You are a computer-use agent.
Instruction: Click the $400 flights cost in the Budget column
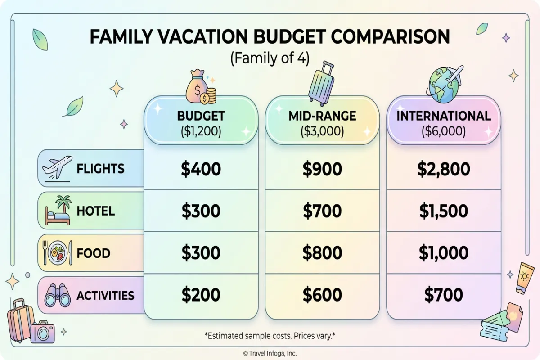click(201, 169)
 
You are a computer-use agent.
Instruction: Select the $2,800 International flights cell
click(443, 169)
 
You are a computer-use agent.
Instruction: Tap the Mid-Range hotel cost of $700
click(322, 211)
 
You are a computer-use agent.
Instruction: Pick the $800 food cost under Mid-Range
click(322, 253)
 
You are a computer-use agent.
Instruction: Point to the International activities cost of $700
click(443, 295)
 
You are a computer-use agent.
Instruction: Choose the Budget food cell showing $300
click(201, 253)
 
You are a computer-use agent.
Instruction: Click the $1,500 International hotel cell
click(443, 211)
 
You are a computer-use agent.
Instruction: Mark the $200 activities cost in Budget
click(201, 295)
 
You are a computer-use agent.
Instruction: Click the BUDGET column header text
click(201, 116)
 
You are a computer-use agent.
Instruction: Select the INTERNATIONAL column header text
click(443, 116)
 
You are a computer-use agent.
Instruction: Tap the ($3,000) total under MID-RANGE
click(322, 131)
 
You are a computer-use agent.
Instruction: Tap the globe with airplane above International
click(445, 85)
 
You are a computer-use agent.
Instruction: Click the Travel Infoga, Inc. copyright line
click(270, 353)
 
